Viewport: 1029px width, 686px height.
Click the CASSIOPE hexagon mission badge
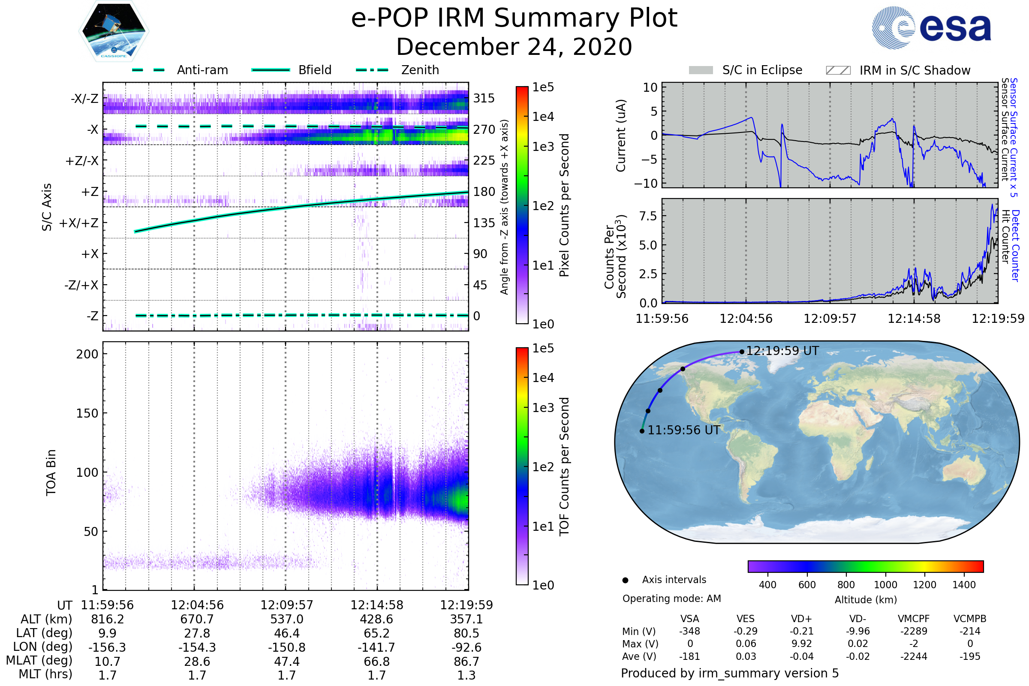[114, 31]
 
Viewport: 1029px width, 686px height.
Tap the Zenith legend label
[420, 70]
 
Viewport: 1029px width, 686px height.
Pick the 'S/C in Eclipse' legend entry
[746, 70]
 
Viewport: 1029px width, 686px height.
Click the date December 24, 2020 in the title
[514, 47]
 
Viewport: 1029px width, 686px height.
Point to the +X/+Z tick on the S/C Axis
[79, 223]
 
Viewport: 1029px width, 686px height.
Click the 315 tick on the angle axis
[484, 98]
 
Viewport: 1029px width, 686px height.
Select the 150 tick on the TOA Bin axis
[87, 413]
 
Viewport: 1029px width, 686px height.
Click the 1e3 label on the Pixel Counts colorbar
[543, 147]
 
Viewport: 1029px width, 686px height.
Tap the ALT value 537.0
[286, 620]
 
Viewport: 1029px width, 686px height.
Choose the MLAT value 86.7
[466, 662]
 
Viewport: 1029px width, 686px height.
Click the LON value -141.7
[376, 647]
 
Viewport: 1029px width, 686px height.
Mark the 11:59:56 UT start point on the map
[642, 431]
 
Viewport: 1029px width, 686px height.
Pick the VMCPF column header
[914, 619]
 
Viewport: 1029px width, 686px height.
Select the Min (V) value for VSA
[689, 631]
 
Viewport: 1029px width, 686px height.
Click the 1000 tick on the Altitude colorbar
[885, 585]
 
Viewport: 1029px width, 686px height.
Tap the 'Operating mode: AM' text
[671, 599]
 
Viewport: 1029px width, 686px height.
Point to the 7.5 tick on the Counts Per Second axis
[648, 216]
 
